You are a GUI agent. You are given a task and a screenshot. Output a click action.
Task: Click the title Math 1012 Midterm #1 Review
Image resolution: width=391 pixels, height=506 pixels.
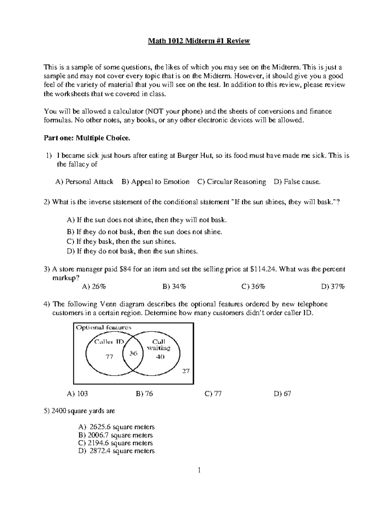point(199,41)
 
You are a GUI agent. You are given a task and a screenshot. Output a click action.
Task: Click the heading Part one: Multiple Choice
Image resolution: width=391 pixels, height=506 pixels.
point(87,138)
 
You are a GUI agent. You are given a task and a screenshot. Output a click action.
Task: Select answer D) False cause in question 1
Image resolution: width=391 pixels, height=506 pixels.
point(297,182)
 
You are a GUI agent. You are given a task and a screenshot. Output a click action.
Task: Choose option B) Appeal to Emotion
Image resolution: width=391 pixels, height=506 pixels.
point(155,182)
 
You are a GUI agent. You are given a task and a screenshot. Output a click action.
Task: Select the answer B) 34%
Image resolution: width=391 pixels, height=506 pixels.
point(174,287)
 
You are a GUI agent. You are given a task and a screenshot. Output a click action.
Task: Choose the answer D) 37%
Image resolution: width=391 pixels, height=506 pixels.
point(333,287)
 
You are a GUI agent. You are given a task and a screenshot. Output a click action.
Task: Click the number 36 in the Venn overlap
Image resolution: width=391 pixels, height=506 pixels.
point(133,353)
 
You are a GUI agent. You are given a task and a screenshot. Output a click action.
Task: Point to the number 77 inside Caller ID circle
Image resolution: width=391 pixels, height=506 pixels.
point(109,357)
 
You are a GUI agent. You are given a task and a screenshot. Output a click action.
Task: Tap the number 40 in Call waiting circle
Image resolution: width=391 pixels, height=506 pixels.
point(160,356)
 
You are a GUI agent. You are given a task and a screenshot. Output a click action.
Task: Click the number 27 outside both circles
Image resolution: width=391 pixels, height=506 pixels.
point(185,371)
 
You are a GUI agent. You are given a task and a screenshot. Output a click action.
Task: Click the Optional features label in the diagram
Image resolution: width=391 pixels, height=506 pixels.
point(104,328)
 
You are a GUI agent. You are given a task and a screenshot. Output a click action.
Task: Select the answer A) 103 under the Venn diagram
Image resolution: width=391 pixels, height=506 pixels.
point(77,394)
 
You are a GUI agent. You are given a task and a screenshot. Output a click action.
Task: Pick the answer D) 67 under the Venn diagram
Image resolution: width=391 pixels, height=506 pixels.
point(282,394)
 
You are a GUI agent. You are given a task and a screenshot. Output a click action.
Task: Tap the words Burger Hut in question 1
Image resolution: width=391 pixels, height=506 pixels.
point(195,156)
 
